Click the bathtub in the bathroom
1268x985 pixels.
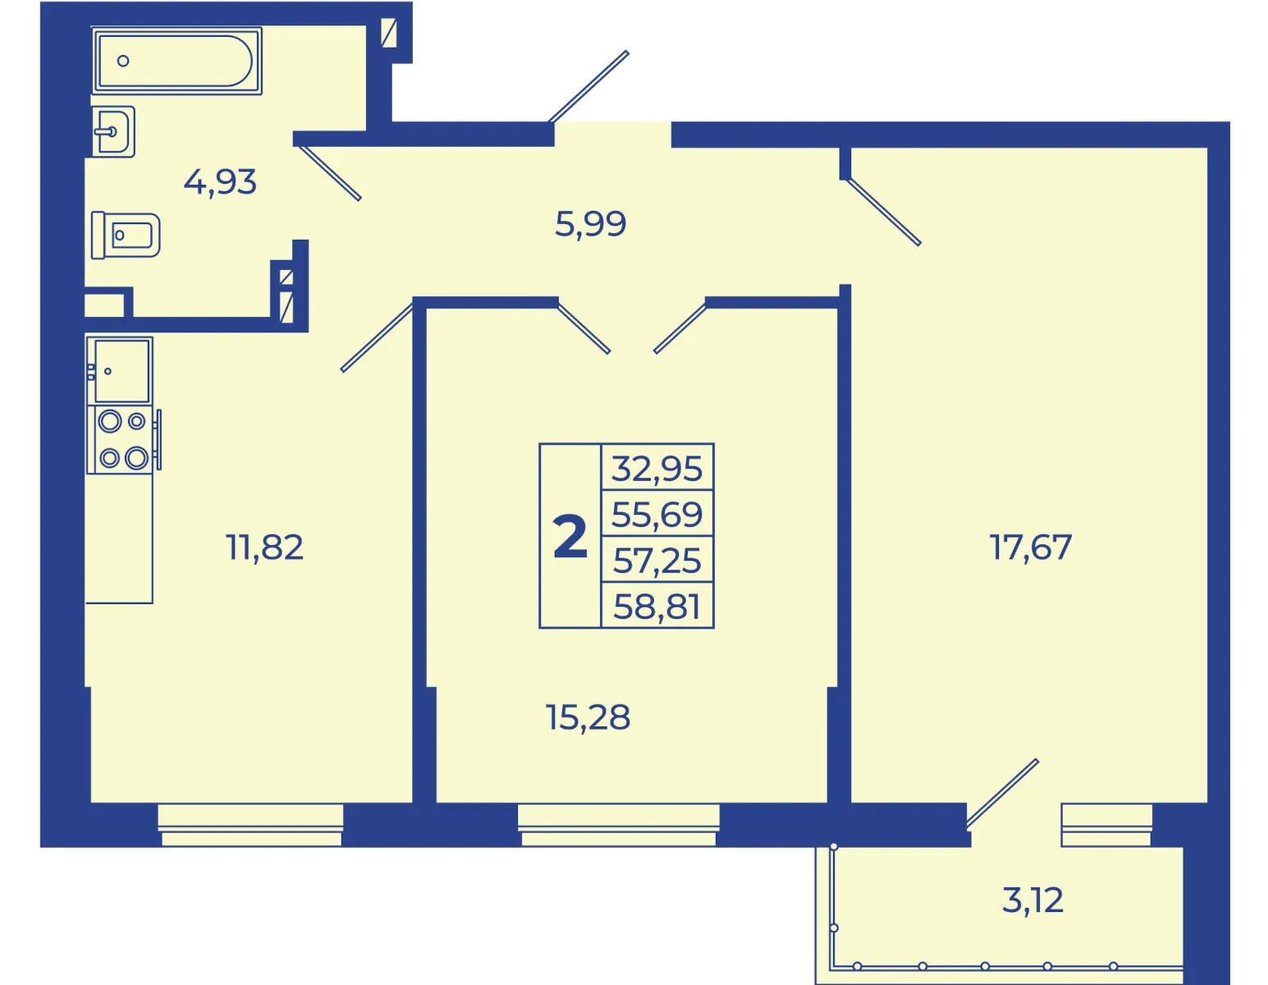[176, 61]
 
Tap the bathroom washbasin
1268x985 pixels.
[114, 132]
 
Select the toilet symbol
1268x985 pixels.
[126, 235]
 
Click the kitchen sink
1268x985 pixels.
[120, 370]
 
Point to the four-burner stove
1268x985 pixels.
[122, 439]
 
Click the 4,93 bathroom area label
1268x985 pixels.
[220, 182]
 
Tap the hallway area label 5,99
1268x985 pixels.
[591, 224]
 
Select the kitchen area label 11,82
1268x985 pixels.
[264, 547]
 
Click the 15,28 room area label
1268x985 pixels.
[588, 717]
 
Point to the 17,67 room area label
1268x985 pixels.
[1031, 547]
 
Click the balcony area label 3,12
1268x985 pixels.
[1032, 900]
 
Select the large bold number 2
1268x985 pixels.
[570, 537]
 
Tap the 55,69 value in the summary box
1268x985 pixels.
[657, 514]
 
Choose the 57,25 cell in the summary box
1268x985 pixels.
[657, 560]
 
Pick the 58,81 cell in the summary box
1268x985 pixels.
[657, 607]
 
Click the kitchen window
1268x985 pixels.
[251, 825]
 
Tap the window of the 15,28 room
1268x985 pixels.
[619, 825]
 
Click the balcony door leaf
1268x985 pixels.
[1002, 794]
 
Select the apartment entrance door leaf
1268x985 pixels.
[588, 86]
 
